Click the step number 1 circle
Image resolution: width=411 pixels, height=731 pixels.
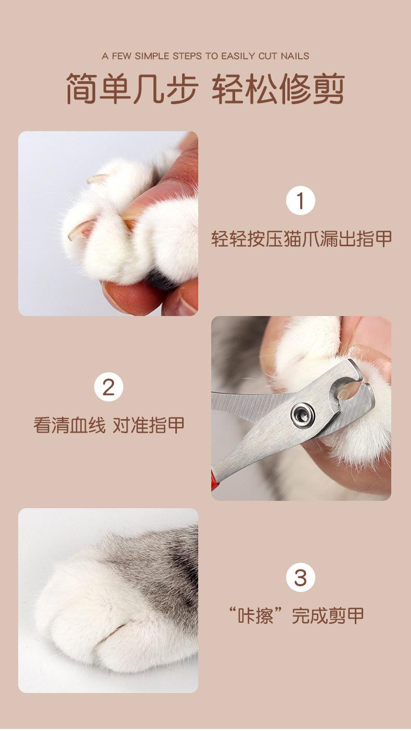tap(300, 200)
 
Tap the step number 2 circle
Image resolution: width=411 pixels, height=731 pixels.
tap(109, 387)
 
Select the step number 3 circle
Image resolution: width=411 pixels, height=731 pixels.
tap(300, 577)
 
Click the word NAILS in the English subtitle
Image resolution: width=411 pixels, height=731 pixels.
tap(295, 56)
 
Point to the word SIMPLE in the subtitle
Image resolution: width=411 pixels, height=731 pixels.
tap(152, 56)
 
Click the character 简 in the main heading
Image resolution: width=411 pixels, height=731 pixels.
tap(82, 89)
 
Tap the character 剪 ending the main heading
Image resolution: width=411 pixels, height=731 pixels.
tap(329, 89)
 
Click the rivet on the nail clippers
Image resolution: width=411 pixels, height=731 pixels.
tap(303, 415)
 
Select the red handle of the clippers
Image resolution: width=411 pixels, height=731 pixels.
tap(214, 480)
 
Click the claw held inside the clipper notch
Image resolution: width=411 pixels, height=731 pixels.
tap(348, 392)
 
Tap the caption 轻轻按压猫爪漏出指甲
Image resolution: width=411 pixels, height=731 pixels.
tap(301, 239)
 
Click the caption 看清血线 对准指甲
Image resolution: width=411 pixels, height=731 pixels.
tap(109, 425)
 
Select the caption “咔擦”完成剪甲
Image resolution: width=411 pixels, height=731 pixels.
tap(296, 615)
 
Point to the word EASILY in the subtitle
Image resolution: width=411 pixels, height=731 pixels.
tap(238, 56)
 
